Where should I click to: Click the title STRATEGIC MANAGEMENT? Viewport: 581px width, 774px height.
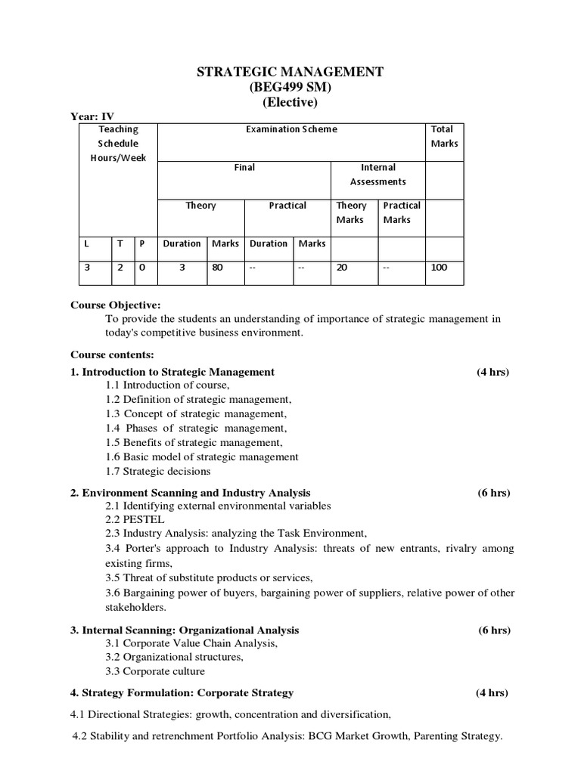coord(290,72)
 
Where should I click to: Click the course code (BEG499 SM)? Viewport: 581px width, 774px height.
coord(290,87)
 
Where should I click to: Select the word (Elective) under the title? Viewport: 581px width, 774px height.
coord(290,102)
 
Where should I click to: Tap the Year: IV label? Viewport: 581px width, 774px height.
coord(92,116)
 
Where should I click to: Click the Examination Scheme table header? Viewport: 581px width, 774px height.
coord(291,129)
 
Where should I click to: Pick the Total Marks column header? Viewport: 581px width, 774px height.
coord(444,136)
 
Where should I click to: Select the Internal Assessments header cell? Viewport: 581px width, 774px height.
coord(378,174)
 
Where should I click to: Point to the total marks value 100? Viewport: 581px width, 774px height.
coord(439,267)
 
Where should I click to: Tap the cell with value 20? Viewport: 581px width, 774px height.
coord(342,267)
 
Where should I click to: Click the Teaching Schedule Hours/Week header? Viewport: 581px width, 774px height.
coord(118,144)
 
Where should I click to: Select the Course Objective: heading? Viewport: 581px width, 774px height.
coord(116,305)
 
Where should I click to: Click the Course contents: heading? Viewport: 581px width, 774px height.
coord(112,354)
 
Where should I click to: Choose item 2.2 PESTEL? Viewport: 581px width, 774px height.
coord(135,520)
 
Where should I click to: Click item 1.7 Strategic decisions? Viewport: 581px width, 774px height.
coord(158,471)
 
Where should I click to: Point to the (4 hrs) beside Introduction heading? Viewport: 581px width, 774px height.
coord(492,372)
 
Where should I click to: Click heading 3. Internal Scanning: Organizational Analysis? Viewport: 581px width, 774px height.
coord(185,630)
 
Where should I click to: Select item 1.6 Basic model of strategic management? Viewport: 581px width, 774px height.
coord(202,457)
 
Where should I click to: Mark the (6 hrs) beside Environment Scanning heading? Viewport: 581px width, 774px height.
coord(493,493)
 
